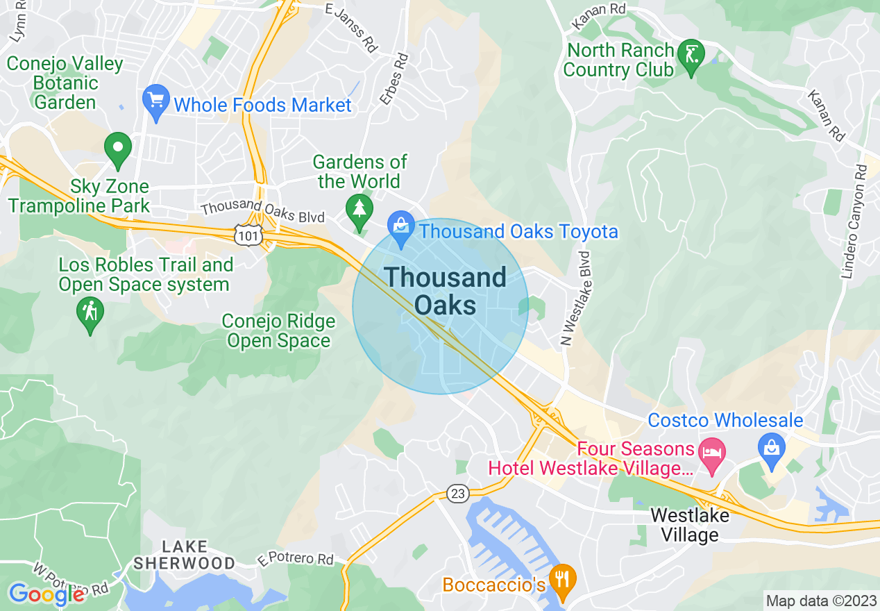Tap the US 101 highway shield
click(248, 235)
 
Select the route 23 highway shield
click(457, 494)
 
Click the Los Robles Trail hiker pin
click(90, 314)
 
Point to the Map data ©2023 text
click(820, 600)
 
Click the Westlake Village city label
click(689, 526)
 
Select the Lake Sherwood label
click(184, 554)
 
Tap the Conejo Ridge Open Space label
click(278, 331)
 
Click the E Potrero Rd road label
click(296, 560)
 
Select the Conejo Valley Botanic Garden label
click(65, 83)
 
